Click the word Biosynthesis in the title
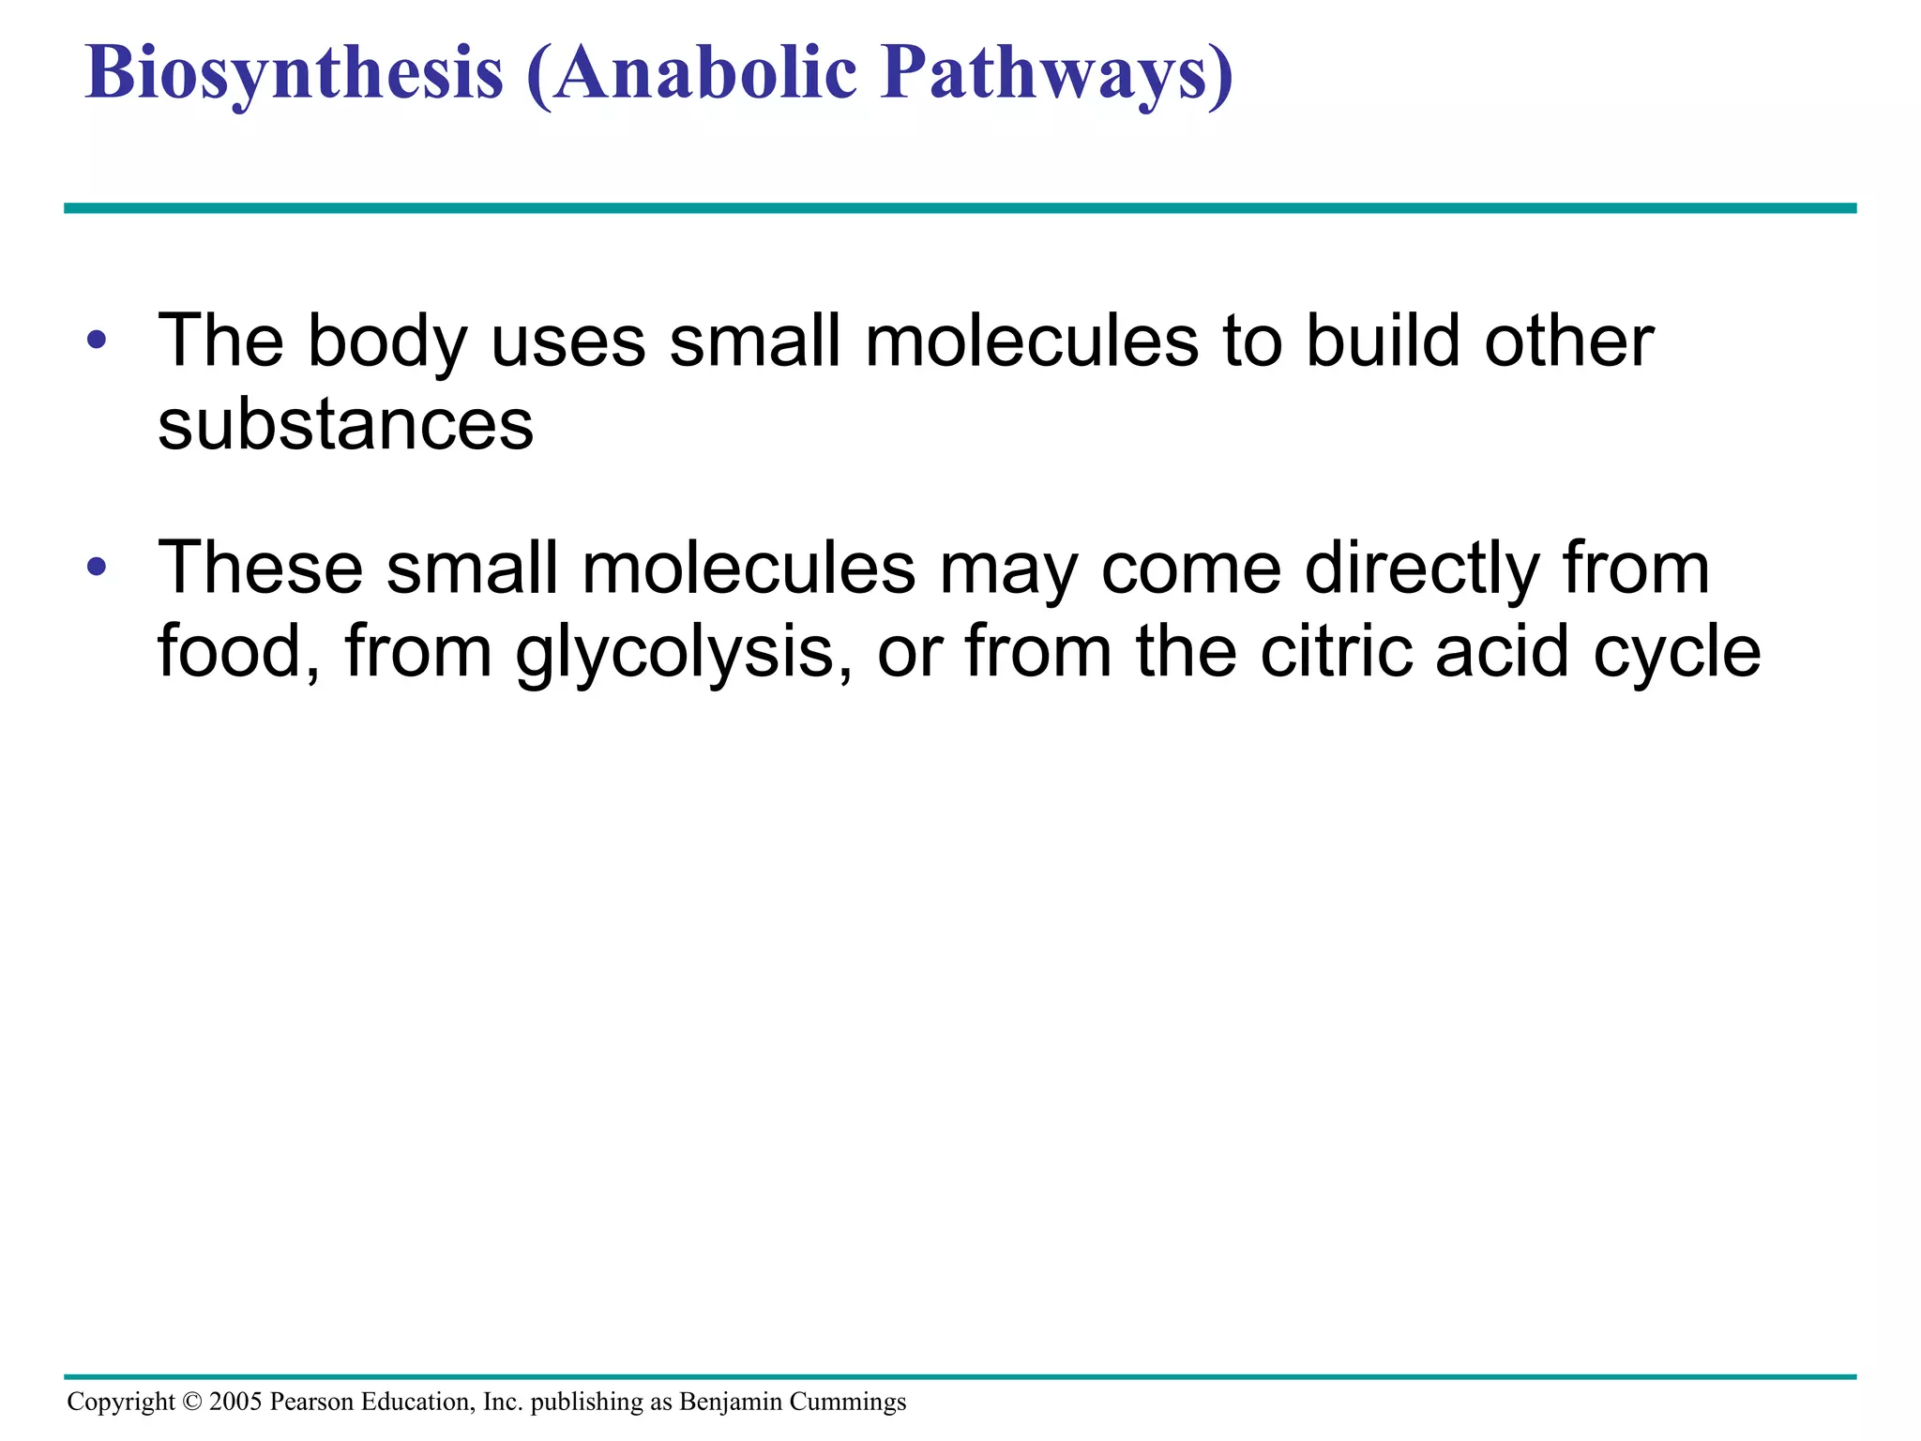(295, 73)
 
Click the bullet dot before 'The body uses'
(96, 340)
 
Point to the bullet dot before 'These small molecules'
(96, 568)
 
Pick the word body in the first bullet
(387, 341)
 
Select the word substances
(345, 424)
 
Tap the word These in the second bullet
(260, 568)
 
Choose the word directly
(1422, 569)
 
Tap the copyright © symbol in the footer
(191, 1402)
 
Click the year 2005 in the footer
(235, 1402)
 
